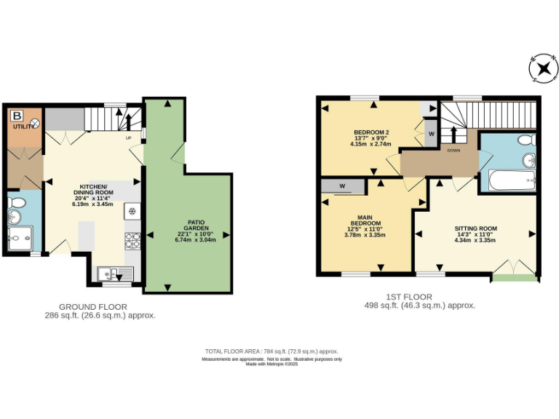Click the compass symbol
[x=542, y=69]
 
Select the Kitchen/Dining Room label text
[x=93, y=195]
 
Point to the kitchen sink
[x=115, y=274]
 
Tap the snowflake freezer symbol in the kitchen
[x=132, y=212]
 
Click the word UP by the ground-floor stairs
[x=129, y=137]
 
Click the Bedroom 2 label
[x=371, y=137]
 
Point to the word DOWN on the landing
[x=453, y=151]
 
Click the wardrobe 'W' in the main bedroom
[x=341, y=186]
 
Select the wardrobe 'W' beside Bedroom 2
[x=430, y=134]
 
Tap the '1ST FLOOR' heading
[x=408, y=297]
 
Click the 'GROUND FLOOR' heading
[x=93, y=307]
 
